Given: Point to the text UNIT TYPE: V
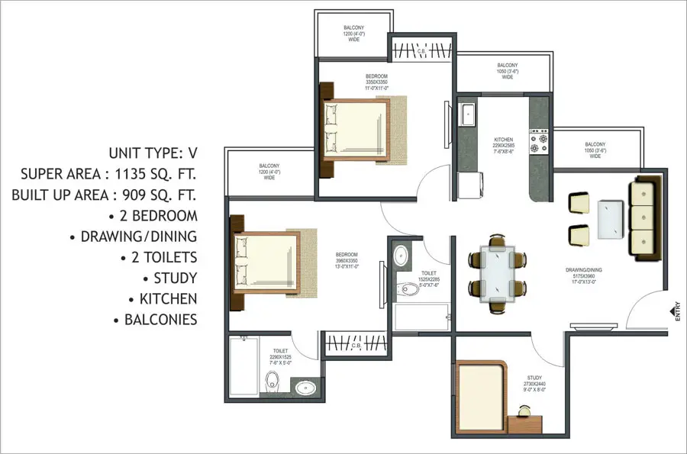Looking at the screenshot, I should pos(153,152).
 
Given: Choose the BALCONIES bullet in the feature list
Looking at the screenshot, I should pos(160,320).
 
